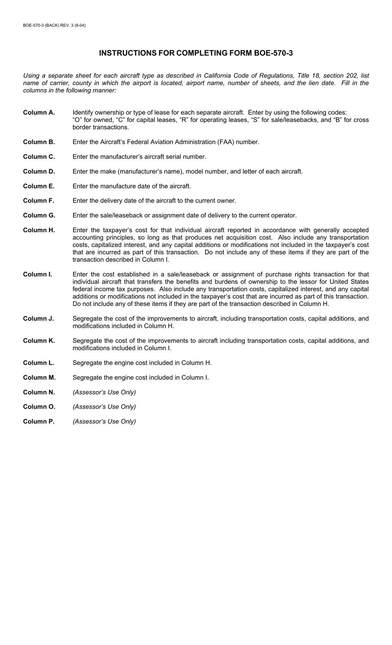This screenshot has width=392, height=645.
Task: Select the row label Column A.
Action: point(39,113)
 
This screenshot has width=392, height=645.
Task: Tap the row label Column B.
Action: point(39,142)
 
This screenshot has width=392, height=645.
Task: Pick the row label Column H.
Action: point(39,230)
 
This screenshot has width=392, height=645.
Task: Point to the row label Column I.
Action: point(38,274)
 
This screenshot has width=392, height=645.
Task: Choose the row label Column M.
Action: point(39,377)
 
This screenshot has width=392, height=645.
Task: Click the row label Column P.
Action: point(39,421)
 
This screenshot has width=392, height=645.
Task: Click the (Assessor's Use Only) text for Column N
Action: point(104,392)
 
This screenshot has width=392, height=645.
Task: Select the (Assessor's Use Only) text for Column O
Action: point(104,407)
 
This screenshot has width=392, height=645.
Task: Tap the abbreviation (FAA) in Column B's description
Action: point(225,142)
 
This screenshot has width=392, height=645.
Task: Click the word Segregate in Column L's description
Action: point(87,363)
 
